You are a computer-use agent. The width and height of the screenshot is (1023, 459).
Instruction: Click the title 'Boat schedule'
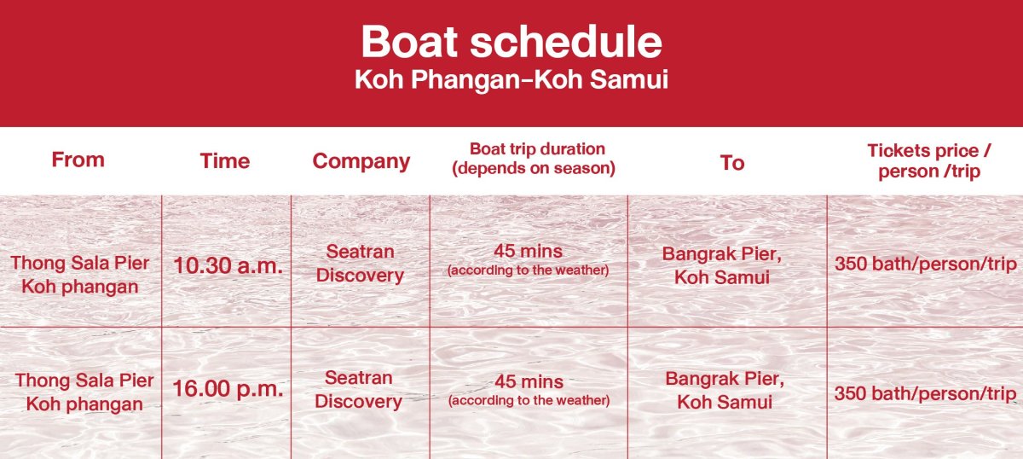coord(511,42)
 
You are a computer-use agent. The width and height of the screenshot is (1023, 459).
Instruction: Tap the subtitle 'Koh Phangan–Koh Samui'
coord(511,79)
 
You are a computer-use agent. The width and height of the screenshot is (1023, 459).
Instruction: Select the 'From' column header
coord(78,160)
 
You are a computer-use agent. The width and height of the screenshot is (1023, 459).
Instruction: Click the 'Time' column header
coord(225,161)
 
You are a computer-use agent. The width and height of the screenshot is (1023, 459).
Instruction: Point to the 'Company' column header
coord(361,162)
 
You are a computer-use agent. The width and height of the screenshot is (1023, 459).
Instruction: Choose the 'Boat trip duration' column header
coord(538,148)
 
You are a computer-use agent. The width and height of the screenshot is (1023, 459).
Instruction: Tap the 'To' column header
coord(732,163)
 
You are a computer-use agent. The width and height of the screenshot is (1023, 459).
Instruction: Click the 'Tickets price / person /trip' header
coord(929,161)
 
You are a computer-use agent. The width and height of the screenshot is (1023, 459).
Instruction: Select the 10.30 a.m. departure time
coord(228,265)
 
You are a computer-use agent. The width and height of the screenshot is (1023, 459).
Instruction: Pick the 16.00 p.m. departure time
coord(228,388)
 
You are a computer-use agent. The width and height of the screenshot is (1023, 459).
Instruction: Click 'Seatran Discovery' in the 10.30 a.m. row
coord(360,264)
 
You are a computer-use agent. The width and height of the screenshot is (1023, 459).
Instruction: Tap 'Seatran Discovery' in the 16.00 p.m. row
coord(359,390)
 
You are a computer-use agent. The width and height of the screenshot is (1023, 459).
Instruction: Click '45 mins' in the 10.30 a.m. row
coord(528,251)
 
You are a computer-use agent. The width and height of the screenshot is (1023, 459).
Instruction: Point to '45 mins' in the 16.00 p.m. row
coord(529,381)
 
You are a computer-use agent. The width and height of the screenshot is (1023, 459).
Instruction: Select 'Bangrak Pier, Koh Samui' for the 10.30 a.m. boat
coord(722,265)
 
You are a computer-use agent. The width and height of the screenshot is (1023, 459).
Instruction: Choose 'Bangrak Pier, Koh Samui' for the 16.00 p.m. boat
coord(725,391)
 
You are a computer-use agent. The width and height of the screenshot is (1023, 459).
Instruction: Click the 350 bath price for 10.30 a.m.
coord(926,264)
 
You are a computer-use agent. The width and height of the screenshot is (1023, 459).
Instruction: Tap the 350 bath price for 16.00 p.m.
coord(925,393)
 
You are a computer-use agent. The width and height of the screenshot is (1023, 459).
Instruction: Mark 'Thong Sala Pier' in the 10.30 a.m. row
coord(80,263)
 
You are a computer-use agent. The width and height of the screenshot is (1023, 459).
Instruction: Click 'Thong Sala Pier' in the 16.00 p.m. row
coord(84,381)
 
